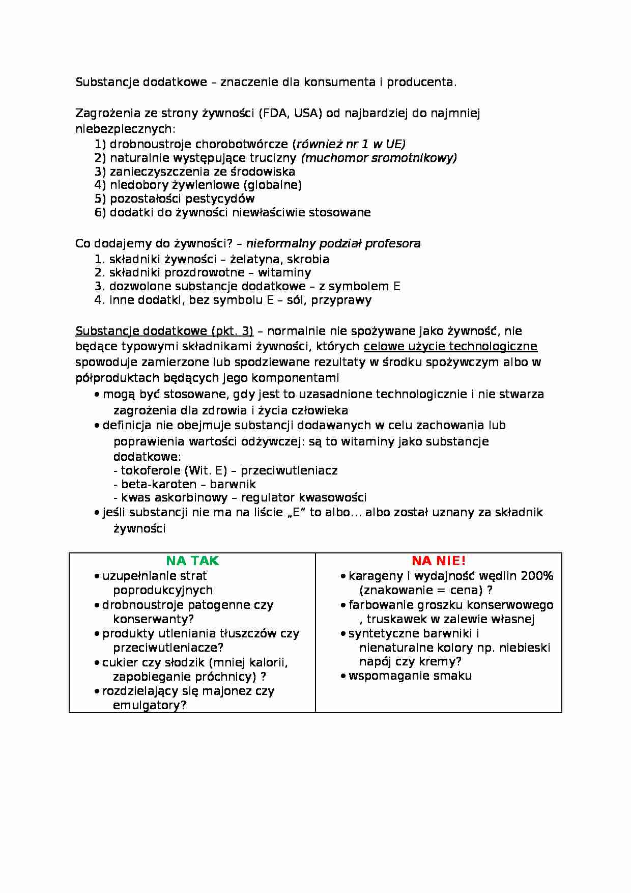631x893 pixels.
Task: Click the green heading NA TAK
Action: click(x=192, y=561)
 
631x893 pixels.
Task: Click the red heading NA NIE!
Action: click(x=438, y=561)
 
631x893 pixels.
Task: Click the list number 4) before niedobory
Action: click(x=100, y=185)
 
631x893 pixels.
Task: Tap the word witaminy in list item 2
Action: click(x=284, y=273)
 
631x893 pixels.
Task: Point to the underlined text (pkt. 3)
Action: click(x=232, y=331)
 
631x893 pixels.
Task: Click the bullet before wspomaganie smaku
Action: click(x=343, y=676)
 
